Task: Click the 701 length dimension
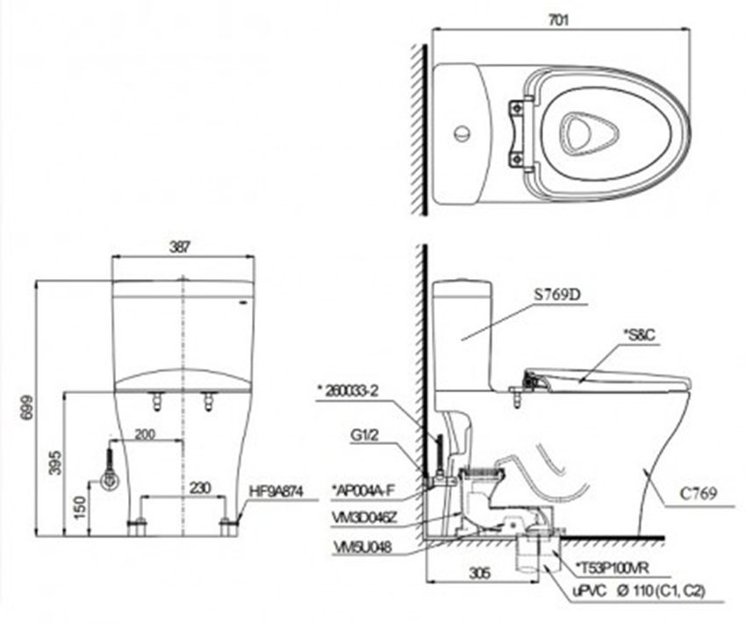558,20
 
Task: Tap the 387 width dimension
180,247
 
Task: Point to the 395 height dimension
55,463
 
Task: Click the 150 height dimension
81,507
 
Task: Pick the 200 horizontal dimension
145,434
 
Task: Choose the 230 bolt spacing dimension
200,488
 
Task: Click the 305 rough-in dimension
480,573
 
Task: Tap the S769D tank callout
557,295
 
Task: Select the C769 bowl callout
698,494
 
